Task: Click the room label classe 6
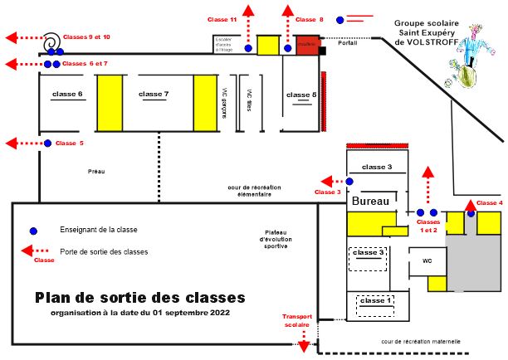click(67, 95)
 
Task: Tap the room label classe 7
click(154, 95)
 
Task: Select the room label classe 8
click(300, 96)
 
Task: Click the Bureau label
click(370, 202)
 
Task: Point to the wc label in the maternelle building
click(427, 260)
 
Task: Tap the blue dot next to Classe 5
click(47, 144)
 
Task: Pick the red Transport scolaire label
click(297, 320)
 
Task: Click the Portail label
click(348, 43)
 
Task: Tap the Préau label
click(96, 172)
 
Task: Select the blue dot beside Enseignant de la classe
click(33, 230)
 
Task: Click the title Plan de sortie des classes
click(140, 297)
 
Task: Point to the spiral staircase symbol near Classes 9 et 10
click(51, 40)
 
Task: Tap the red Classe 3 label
click(327, 192)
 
